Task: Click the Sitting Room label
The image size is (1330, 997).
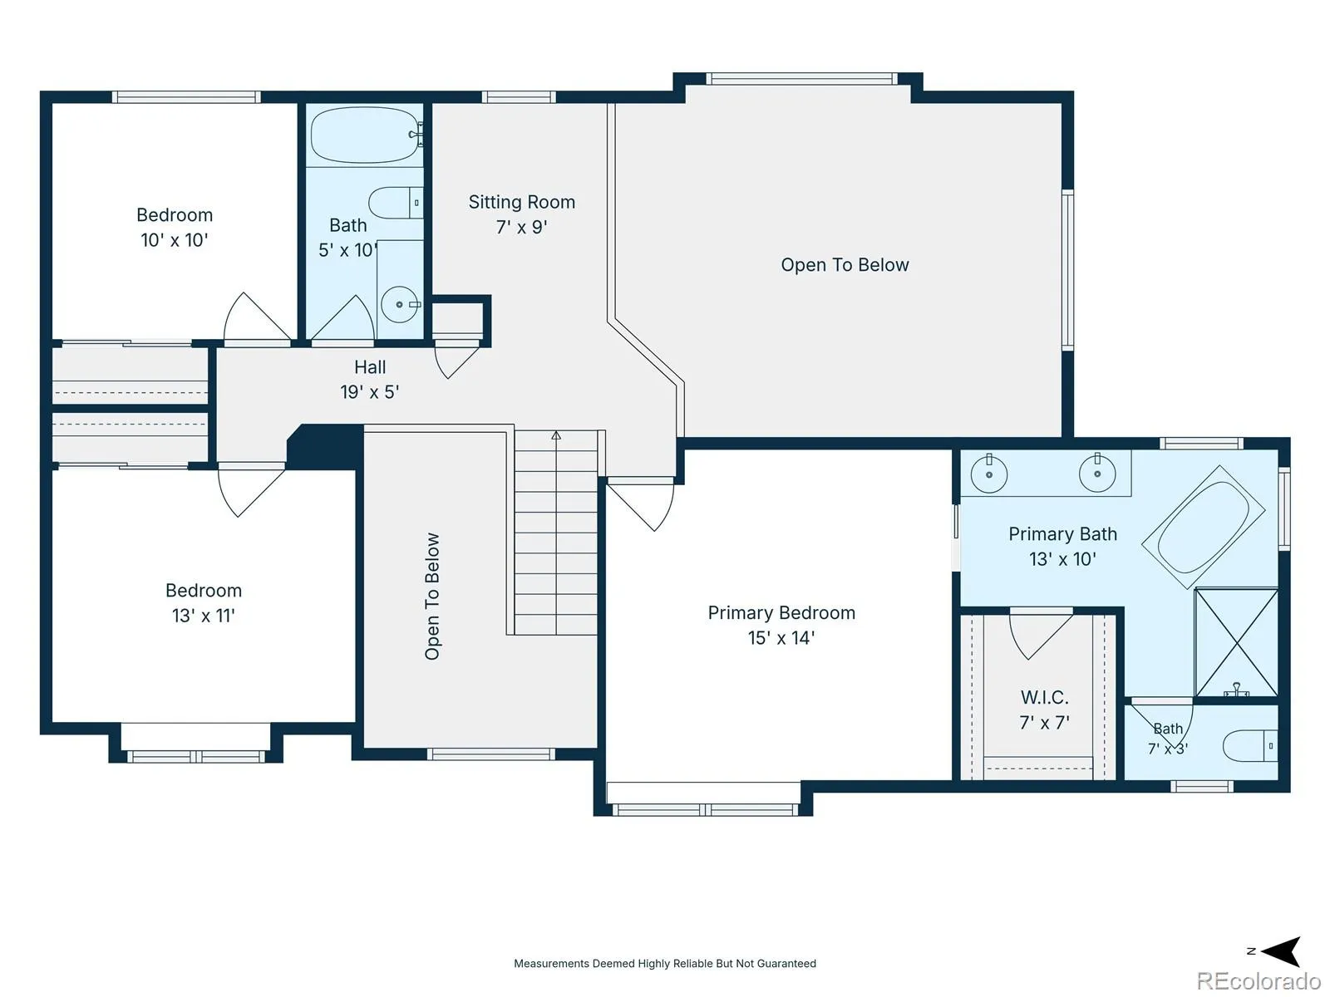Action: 521,202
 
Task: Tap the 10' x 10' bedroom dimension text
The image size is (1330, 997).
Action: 175,240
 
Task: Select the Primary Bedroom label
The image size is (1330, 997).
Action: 781,613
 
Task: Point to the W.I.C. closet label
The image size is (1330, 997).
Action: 1044,697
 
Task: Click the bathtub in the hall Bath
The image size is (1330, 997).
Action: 366,135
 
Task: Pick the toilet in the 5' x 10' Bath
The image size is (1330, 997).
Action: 396,202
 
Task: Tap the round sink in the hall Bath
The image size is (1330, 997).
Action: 400,304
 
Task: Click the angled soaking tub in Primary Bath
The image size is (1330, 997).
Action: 1203,527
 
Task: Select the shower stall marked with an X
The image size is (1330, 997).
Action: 1236,642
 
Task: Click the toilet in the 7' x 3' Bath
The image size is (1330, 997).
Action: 1250,745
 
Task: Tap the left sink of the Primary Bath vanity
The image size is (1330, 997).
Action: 989,474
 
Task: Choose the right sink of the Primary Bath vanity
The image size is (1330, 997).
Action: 1096,474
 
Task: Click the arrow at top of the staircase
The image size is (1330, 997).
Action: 555,435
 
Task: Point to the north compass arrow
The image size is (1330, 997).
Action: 1281,951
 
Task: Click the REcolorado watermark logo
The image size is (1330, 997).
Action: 1259,980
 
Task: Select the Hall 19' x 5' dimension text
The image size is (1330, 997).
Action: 370,392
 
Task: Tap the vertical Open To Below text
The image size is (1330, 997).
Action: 431,597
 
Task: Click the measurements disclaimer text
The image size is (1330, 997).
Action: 665,963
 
